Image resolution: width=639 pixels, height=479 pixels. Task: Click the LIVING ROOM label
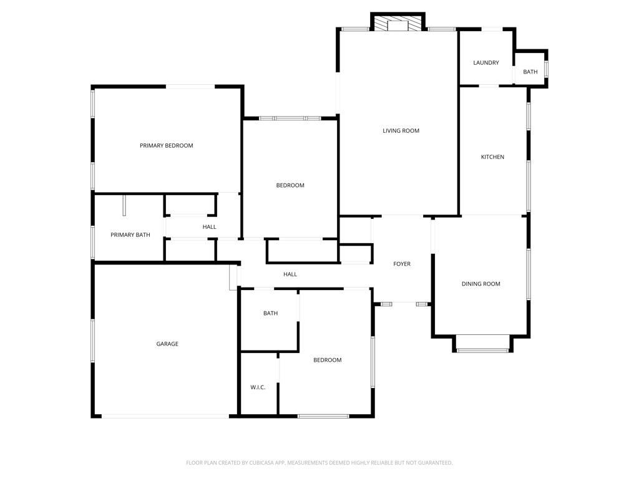(401, 131)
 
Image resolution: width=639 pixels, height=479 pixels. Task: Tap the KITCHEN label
(492, 157)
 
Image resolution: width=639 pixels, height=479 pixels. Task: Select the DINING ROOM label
(480, 284)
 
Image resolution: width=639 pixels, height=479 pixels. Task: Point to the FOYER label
(402, 264)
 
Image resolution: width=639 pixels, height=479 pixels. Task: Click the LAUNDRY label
(485, 63)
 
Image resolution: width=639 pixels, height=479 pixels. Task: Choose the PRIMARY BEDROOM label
(166, 146)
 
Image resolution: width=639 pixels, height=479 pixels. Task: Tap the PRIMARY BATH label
(130, 235)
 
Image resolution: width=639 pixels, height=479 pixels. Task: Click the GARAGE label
(167, 344)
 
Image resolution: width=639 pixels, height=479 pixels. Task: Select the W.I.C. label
(258, 388)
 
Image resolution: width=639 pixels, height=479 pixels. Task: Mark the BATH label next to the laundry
(530, 72)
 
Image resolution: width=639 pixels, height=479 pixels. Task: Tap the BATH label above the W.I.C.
(270, 314)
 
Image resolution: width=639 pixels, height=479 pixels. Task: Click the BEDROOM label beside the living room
(290, 186)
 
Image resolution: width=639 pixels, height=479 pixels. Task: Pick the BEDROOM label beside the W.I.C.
(327, 360)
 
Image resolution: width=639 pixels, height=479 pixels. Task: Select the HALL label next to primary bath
(209, 227)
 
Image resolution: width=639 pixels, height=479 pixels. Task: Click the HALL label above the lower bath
(290, 274)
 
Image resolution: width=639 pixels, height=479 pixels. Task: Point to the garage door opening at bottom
(165, 416)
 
